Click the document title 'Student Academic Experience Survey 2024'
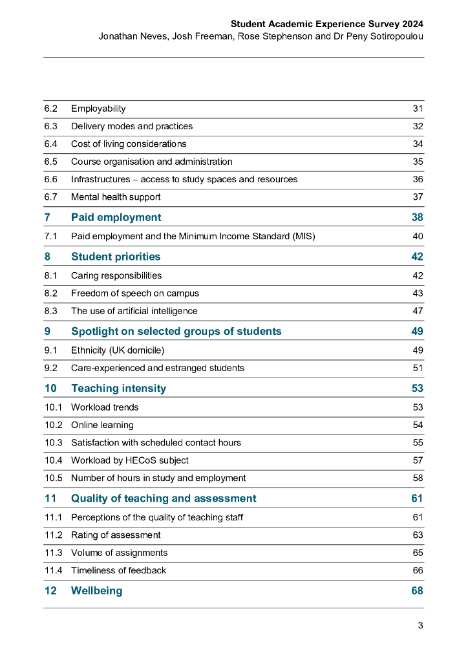coord(327,24)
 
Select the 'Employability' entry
coord(98,109)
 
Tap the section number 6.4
coord(50,144)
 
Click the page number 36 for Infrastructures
coord(418,179)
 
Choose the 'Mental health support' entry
coord(116,197)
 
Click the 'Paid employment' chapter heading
coord(116,217)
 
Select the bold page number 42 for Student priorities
coord(417,257)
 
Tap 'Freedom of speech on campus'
coord(135,293)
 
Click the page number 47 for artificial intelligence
coord(418,311)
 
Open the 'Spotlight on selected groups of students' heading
coord(176,331)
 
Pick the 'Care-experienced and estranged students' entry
coord(158,368)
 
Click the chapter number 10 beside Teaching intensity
coord(50,388)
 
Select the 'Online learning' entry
coord(102,425)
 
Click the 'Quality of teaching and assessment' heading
coord(164,498)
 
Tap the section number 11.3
coord(53,553)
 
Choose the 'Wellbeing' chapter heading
coord(96,591)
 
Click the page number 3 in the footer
coord(420,625)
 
